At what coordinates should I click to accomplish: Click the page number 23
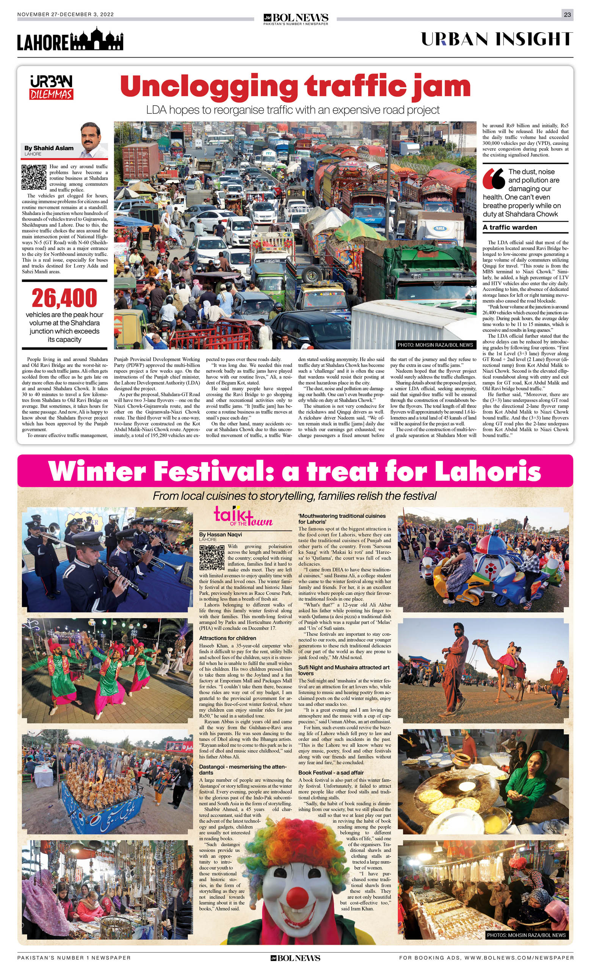pos(567,14)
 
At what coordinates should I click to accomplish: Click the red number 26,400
pos(64,298)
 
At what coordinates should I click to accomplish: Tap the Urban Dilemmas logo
pos(51,88)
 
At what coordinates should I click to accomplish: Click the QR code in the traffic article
pos(34,177)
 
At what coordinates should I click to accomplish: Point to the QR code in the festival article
pos(212,557)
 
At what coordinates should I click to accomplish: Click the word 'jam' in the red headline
pos(441,86)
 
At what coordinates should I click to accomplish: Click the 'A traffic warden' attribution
pos(509,227)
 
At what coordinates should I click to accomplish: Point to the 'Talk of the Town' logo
pos(243,516)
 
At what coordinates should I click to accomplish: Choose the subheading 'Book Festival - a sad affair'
pos(331,773)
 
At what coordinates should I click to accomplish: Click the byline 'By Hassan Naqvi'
pos(220,534)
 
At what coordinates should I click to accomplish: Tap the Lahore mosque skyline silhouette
pos(96,39)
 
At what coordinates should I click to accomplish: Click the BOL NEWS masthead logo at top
pos(296,18)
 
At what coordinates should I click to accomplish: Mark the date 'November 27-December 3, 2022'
pos(65,14)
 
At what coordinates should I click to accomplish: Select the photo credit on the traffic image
pos(435,345)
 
